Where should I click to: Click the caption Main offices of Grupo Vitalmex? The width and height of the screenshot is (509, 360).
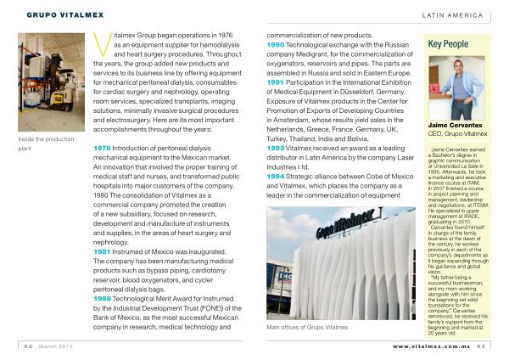(310, 326)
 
